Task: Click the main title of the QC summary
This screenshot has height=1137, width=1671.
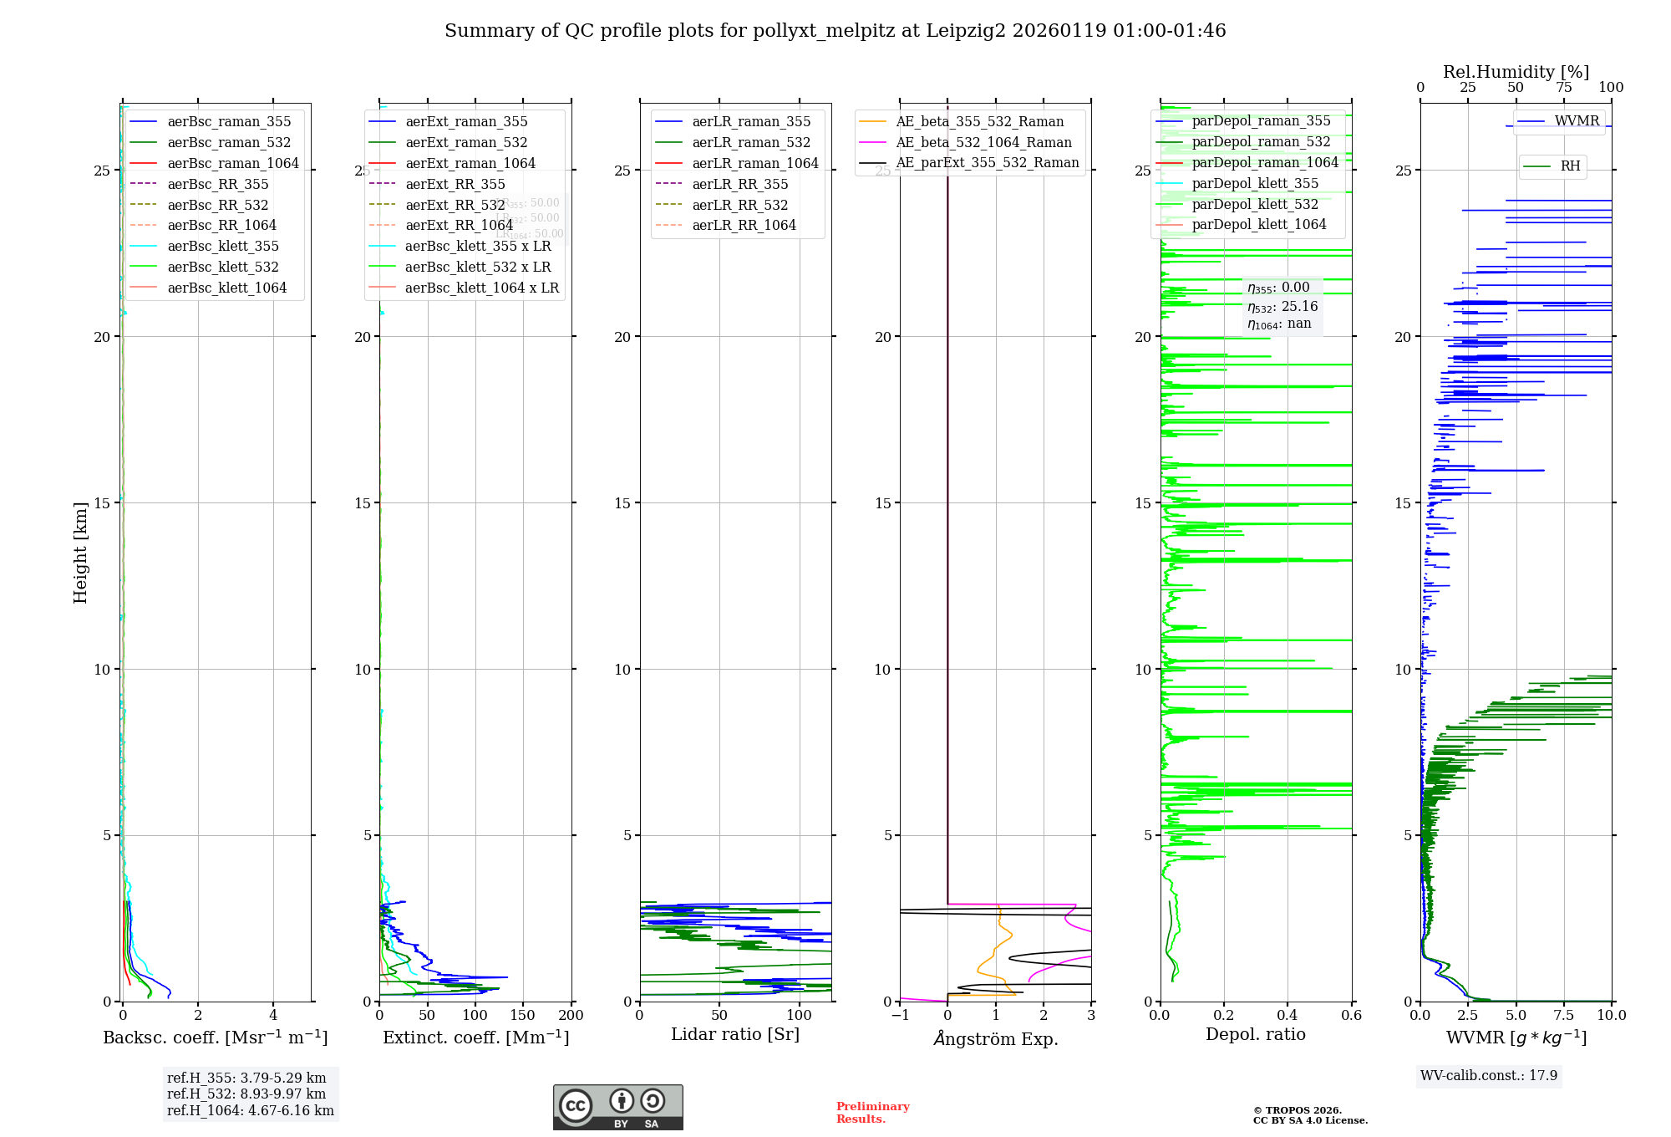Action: [x=835, y=31]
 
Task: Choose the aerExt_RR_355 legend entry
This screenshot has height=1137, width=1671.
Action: [x=455, y=184]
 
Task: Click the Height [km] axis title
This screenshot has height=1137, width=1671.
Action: [x=80, y=552]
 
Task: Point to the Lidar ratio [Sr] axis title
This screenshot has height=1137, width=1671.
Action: [x=735, y=1034]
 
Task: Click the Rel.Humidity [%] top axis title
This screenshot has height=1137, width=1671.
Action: [x=1516, y=72]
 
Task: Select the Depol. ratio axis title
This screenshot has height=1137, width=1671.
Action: [x=1255, y=1034]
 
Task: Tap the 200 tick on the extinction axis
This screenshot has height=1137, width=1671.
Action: [x=571, y=1015]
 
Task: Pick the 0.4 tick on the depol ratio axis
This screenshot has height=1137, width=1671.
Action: [x=1288, y=1015]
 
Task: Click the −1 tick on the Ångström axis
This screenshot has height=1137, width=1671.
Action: [x=900, y=1015]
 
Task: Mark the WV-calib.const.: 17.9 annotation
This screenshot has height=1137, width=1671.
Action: [x=1489, y=1075]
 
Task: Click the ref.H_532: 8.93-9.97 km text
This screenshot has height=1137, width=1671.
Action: [x=246, y=1094]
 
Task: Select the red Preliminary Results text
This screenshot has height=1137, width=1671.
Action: [x=872, y=1112]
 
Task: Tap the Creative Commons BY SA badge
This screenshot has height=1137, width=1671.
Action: [x=617, y=1107]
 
